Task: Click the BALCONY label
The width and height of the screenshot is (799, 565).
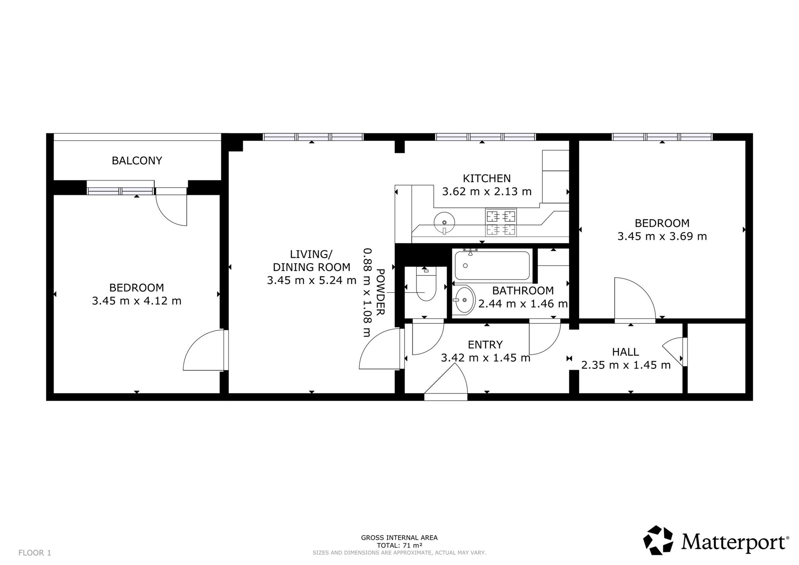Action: coord(137,161)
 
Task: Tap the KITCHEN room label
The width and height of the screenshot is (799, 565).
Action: coord(487,178)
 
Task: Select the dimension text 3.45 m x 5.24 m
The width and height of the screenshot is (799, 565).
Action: coord(312,280)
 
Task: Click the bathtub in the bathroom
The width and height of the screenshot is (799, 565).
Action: coord(492,265)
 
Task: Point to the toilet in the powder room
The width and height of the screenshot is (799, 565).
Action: coord(426,284)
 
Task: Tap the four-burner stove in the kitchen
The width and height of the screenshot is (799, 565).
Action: coord(501,223)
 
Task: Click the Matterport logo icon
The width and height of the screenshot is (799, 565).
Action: coord(658,540)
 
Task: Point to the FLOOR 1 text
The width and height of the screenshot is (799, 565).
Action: coord(35,553)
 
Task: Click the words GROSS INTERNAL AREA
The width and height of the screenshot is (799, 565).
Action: coord(399,538)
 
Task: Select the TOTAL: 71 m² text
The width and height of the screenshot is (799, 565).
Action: coord(399,545)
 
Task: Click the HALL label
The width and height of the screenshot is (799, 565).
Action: coord(625,352)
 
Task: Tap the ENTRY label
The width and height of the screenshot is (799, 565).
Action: coord(485,345)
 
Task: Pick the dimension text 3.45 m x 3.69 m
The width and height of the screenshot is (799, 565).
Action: coord(662,236)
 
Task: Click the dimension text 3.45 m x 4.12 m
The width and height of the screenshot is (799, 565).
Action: coord(137,301)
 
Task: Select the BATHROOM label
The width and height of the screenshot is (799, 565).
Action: coord(523,291)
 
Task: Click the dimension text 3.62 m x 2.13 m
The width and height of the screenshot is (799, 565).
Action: coord(487,192)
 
